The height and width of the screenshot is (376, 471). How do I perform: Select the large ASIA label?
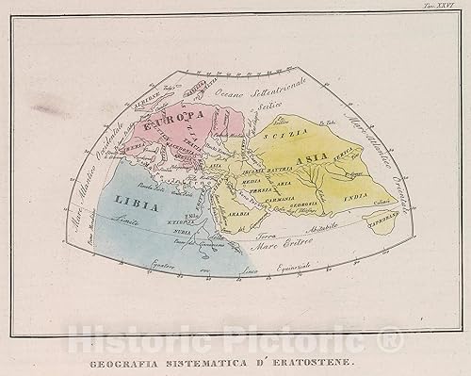pyautogui.click(x=334, y=161)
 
